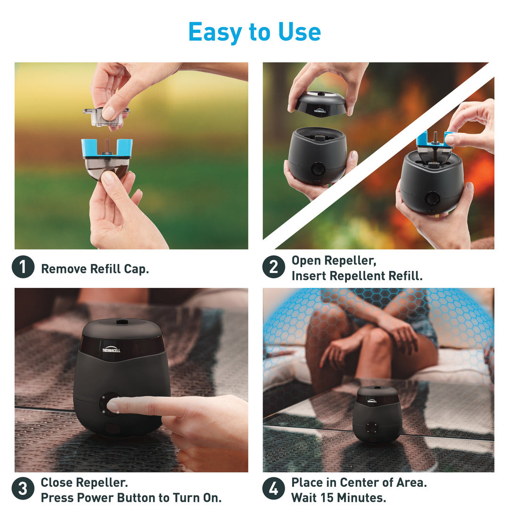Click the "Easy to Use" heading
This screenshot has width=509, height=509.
(x=254, y=32)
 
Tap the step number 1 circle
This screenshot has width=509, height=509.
(x=23, y=267)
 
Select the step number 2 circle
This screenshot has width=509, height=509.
(x=274, y=267)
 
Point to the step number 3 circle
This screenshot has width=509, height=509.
(x=23, y=489)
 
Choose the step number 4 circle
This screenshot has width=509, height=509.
(x=274, y=489)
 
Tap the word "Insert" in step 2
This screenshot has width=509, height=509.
(x=309, y=276)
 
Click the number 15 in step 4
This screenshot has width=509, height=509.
(x=327, y=498)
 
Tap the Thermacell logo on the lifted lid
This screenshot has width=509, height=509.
(x=320, y=111)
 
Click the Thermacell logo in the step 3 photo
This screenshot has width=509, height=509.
(x=111, y=350)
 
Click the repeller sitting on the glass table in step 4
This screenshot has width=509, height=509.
(x=377, y=415)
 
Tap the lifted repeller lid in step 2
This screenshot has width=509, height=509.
(x=321, y=104)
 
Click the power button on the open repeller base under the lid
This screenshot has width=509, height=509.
(x=318, y=169)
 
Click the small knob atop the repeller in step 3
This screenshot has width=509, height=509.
(x=122, y=322)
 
